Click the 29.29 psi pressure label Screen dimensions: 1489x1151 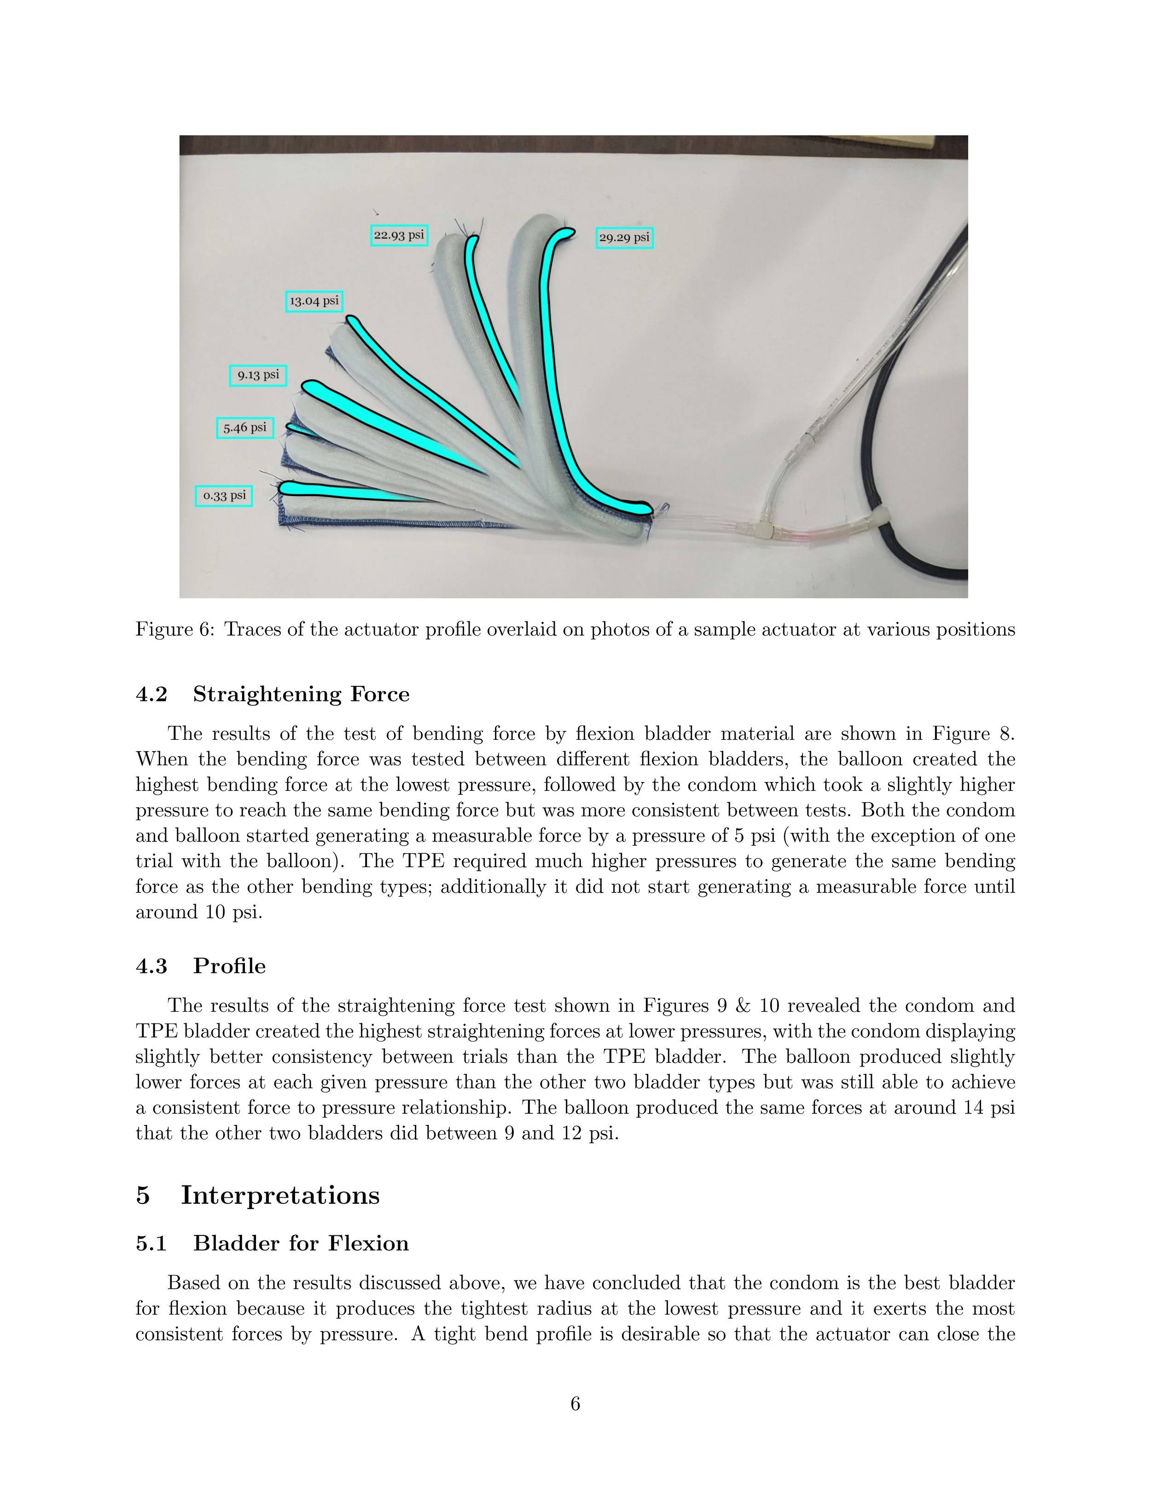pos(624,237)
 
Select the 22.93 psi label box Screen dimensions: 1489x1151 pos(399,235)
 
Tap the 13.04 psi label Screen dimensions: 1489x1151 pos(314,301)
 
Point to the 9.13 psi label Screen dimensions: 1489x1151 pos(258,375)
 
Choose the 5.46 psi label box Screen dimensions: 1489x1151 pos(245,428)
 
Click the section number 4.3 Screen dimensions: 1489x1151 pos(151,966)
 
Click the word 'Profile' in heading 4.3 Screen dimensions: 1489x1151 pos(229,966)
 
